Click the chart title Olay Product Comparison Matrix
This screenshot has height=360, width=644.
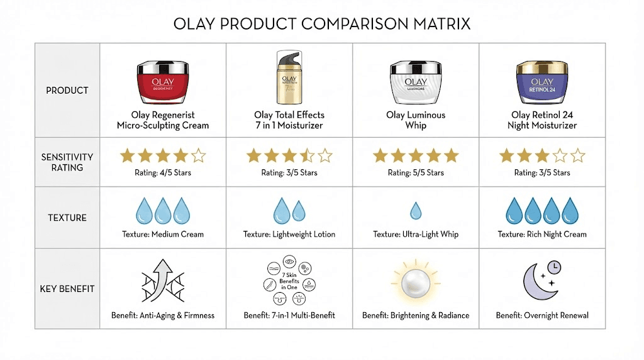pyautogui.click(x=321, y=25)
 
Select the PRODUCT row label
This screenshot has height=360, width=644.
pyautogui.click(x=67, y=91)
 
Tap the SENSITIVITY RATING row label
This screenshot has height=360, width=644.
pyautogui.click(x=67, y=162)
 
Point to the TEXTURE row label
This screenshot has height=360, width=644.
pyautogui.click(x=67, y=218)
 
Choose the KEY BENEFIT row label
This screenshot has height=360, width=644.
pyautogui.click(x=67, y=289)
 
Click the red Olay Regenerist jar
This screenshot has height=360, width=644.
pyautogui.click(x=163, y=82)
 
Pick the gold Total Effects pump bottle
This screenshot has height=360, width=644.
pyautogui.click(x=289, y=77)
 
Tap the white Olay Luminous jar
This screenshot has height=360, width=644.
pyautogui.click(x=416, y=82)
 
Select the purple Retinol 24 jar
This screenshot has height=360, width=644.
pyautogui.click(x=542, y=82)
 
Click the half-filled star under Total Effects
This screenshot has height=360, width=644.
pyautogui.click(x=308, y=155)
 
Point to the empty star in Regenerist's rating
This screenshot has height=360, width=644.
pyautogui.click(x=198, y=155)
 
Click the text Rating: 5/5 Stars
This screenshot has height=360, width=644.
pyautogui.click(x=416, y=173)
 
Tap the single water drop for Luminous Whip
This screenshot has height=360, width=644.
pyautogui.click(x=416, y=210)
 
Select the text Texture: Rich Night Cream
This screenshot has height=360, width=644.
pyautogui.click(x=542, y=235)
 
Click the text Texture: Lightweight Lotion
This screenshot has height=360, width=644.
pyautogui.click(x=289, y=235)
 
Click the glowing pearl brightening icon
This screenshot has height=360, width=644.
pyautogui.click(x=416, y=280)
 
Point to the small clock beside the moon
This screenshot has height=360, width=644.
pyautogui.click(x=554, y=267)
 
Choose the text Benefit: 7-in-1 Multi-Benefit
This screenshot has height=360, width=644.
pyautogui.click(x=289, y=315)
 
